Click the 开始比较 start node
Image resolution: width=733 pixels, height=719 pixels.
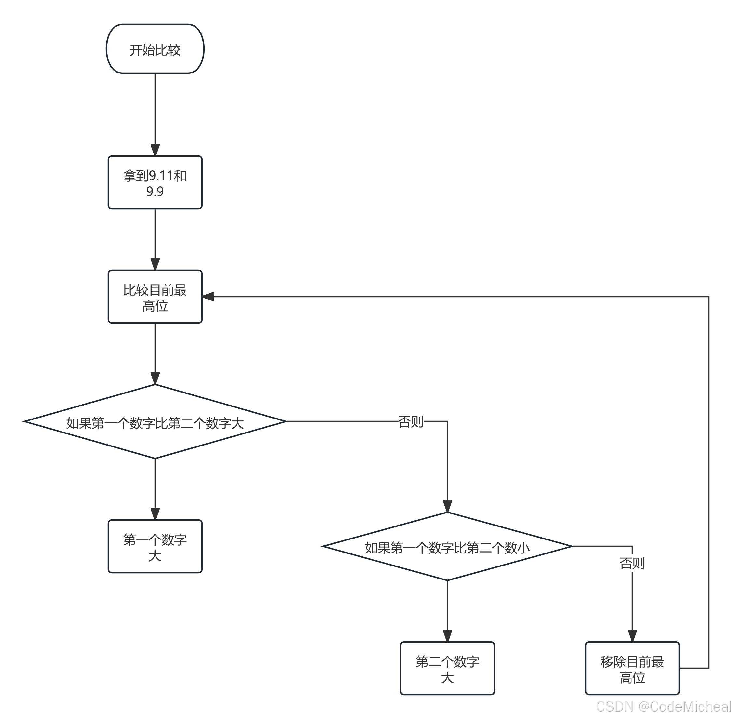point(155,49)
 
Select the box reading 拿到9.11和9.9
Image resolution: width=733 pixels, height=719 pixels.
point(155,183)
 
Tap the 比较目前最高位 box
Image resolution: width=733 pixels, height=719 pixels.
point(155,297)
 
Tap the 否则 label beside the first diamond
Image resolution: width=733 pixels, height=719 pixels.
point(411,421)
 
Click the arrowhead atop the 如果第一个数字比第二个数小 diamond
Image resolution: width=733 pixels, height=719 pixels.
point(447,506)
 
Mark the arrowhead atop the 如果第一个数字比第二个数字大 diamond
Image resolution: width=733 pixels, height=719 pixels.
point(155,379)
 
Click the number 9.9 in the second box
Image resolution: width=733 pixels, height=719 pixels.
point(155,192)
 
